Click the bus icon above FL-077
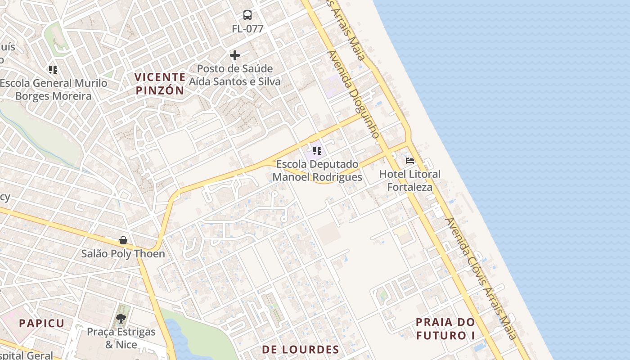247,15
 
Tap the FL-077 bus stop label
247,29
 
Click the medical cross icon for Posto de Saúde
235,55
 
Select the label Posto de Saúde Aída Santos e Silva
234,75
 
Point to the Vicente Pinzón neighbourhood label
160,84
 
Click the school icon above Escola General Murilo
53,70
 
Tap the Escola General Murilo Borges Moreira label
54,90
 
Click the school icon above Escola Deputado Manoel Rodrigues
317,151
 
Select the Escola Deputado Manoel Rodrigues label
317,171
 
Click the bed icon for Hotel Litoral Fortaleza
410,160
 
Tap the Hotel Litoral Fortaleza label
410,180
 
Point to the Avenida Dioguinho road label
354,94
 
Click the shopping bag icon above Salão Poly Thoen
123,240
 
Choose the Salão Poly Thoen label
123,254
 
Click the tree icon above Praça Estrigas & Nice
121,319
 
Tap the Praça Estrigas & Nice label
121,338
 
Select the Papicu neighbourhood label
42,323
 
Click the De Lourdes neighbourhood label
301,350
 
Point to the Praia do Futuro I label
445,328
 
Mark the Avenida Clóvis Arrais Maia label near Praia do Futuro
481,279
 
